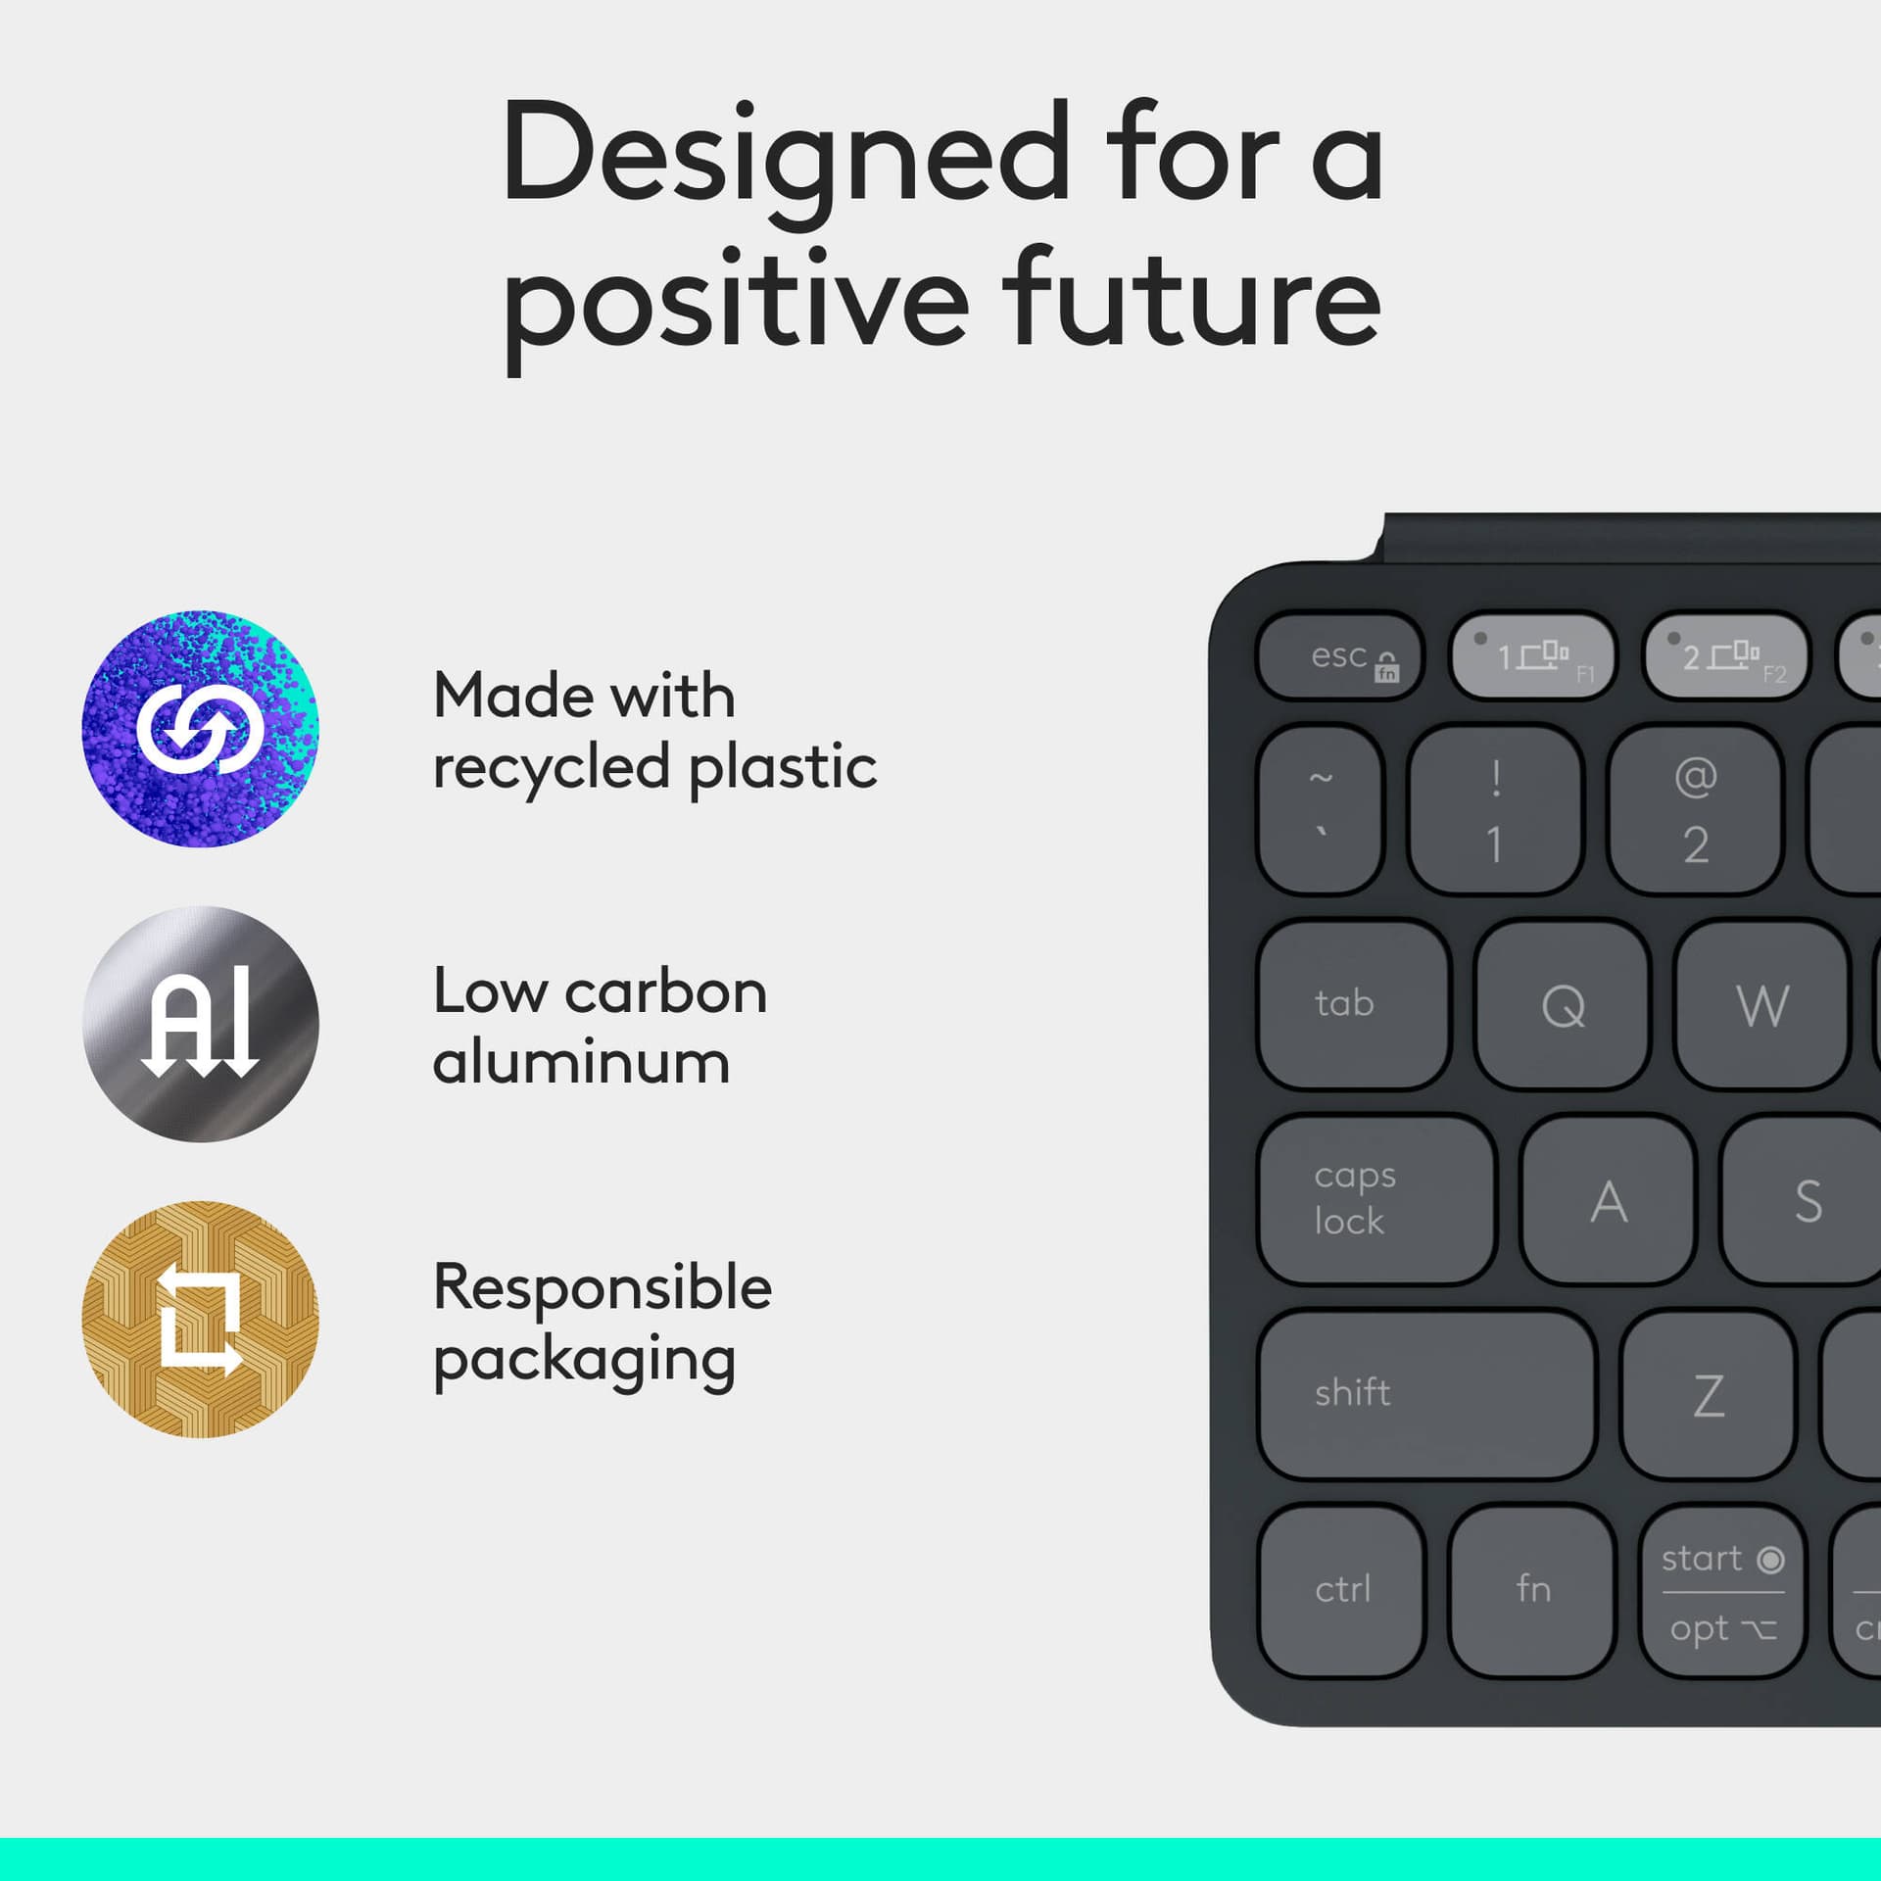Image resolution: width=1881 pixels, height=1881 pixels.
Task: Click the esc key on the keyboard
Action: pyautogui.click(x=1339, y=656)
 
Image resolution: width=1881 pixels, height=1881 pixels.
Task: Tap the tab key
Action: pyautogui.click(x=1353, y=1003)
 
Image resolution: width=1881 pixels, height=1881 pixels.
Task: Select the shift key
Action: pyautogui.click(x=1426, y=1393)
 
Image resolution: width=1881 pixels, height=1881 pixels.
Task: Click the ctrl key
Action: pyautogui.click(x=1341, y=1589)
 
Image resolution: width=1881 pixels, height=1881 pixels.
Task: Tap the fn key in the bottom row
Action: pyautogui.click(x=1532, y=1589)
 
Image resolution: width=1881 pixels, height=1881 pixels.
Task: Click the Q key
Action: pyautogui.click(x=1563, y=1005)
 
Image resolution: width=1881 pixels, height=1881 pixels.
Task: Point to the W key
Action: pyautogui.click(x=1761, y=1005)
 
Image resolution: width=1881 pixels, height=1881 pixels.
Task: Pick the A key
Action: pyautogui.click(x=1609, y=1201)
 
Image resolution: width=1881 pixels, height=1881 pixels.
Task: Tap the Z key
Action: pyautogui.click(x=1709, y=1395)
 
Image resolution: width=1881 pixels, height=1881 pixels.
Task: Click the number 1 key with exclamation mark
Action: pyautogui.click(x=1495, y=810)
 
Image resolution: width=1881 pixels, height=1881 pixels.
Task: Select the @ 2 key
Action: pyautogui.click(x=1695, y=810)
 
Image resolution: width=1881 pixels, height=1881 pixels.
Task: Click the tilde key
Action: pyautogui.click(x=1321, y=808)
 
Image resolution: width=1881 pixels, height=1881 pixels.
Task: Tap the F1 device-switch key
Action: pyautogui.click(x=1532, y=656)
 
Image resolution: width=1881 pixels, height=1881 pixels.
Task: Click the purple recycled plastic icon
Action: pyautogui.click(x=200, y=729)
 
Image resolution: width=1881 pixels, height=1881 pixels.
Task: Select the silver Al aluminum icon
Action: pyautogui.click(x=200, y=1024)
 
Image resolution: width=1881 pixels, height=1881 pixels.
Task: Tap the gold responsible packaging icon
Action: pyautogui.click(x=200, y=1319)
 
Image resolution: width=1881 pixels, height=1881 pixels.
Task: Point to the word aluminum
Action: pyautogui.click(x=581, y=1063)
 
